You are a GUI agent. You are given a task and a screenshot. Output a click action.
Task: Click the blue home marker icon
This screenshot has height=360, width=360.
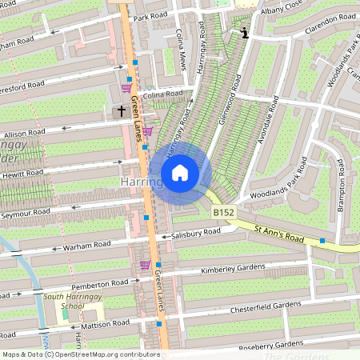tap(180, 172)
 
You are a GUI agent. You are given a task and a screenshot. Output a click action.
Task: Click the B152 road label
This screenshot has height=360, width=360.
tap(223, 213)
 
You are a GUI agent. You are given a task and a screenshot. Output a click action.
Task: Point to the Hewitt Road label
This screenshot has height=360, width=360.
tap(22, 174)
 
